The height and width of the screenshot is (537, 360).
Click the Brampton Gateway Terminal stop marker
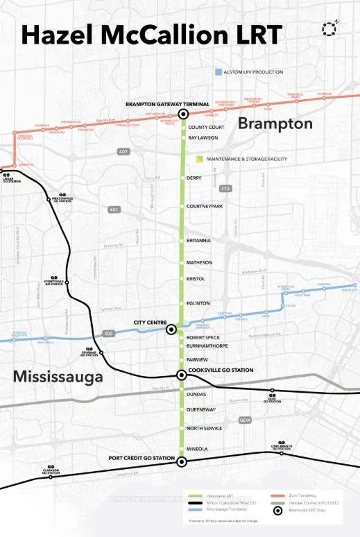(184, 114)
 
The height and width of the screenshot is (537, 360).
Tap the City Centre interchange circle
(171, 330)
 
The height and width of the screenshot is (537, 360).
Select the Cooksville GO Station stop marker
(182, 375)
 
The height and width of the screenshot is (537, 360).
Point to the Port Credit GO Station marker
(182, 461)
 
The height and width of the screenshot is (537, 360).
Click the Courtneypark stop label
(205, 206)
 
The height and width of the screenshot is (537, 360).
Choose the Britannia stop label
(200, 241)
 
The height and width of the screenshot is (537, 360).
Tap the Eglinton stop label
(198, 303)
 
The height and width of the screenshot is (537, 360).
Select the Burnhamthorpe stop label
(207, 345)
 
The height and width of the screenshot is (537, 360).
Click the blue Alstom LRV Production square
(218, 72)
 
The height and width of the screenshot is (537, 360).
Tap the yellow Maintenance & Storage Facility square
(200, 159)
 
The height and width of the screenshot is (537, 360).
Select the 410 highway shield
(224, 188)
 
